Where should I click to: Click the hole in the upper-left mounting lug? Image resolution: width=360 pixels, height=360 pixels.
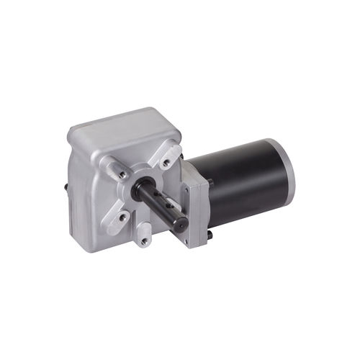click(x=123, y=174)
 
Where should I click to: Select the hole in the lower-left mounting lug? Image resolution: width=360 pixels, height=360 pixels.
click(x=122, y=215)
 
